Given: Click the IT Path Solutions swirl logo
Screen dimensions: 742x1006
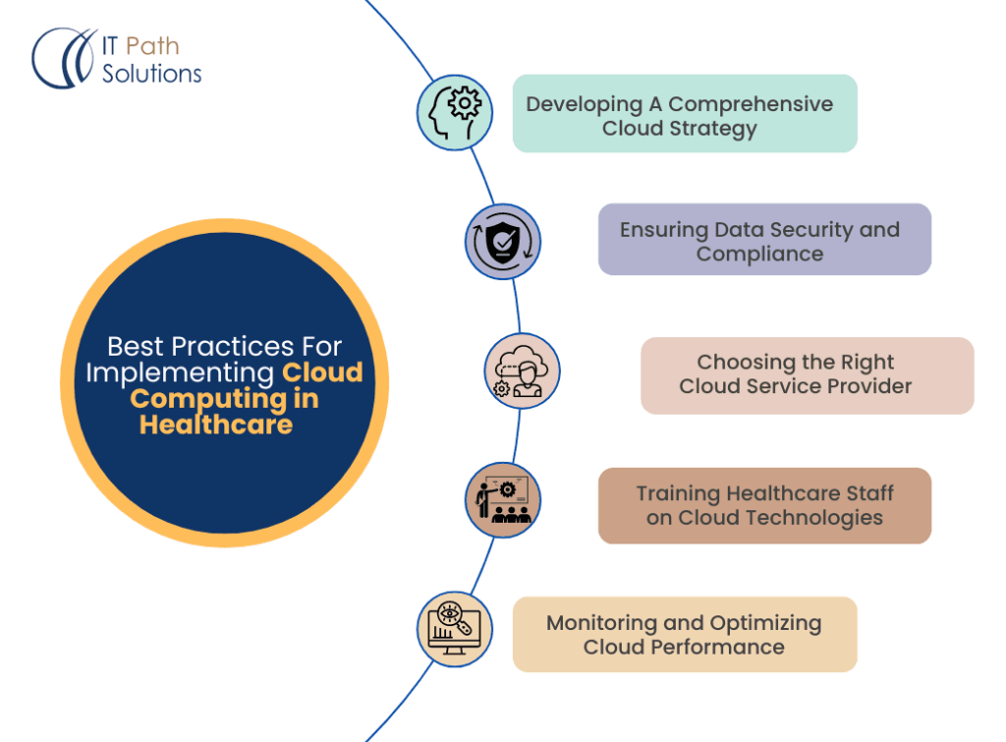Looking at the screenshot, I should [65, 58].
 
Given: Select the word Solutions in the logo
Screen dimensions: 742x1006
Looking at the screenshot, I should [152, 73].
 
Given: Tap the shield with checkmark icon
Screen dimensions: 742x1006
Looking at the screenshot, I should [503, 242].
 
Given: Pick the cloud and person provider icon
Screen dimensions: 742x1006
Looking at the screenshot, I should [522, 371].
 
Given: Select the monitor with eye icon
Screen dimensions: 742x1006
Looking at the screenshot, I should [454, 629].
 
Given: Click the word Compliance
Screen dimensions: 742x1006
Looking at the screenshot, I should [759, 254].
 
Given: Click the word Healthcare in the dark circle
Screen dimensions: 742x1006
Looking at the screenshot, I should [216, 425].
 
